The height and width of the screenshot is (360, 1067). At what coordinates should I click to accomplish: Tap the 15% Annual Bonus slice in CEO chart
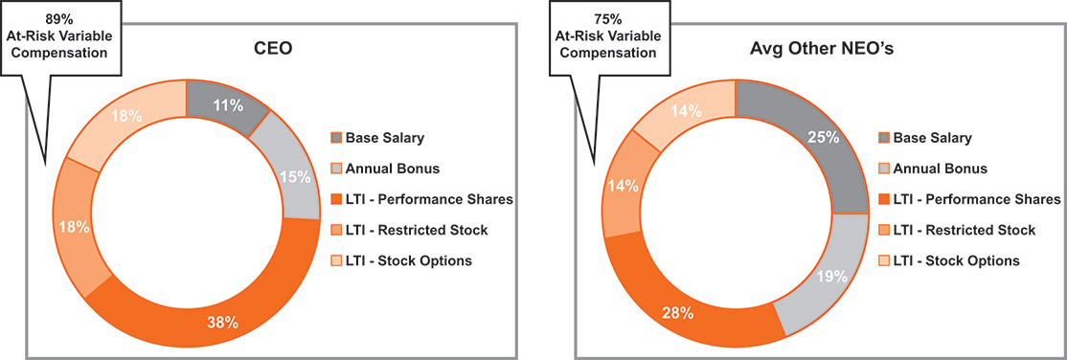288,173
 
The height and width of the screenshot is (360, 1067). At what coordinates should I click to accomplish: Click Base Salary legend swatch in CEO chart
335,138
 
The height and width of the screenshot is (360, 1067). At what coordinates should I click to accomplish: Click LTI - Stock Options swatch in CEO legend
335,260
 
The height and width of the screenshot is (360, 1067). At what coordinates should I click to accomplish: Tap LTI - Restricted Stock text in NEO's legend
965,230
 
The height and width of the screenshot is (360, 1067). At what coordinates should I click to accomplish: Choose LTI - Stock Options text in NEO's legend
957,260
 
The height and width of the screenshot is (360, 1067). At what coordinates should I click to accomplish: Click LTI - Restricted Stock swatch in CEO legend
335,230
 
